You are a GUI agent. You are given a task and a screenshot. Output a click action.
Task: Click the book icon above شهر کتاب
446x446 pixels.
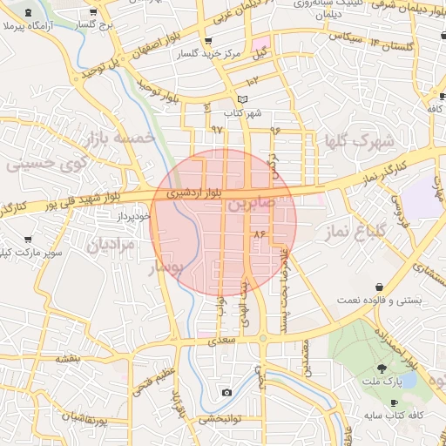[x=242, y=99]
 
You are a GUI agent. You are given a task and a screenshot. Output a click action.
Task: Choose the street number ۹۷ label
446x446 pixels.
[x=216, y=130]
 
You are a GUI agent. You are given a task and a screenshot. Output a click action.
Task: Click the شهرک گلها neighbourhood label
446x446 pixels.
[x=360, y=139]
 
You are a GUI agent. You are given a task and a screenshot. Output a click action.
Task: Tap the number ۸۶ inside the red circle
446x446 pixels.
[x=258, y=234]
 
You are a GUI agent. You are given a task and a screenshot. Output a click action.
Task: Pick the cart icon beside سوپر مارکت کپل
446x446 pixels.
[x=28, y=239]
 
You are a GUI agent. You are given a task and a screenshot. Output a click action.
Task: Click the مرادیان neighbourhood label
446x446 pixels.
[x=111, y=247]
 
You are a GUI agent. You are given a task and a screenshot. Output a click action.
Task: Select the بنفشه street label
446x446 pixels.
[x=69, y=357]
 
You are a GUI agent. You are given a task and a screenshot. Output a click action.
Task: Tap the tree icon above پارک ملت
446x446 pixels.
[x=383, y=368]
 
